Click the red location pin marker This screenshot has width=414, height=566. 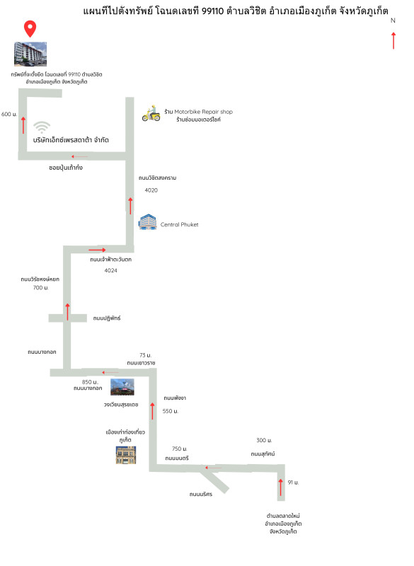click(30, 29)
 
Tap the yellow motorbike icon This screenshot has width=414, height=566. click(151, 114)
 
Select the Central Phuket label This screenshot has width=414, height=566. click(179, 224)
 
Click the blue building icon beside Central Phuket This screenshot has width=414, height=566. click(147, 222)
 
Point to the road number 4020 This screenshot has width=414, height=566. click(151, 190)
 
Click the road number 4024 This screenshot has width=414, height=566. click(111, 270)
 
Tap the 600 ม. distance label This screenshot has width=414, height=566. click(9, 114)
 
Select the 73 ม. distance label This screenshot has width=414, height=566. click(146, 355)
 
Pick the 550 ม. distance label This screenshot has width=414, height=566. click(171, 411)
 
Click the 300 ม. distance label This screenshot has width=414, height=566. click(264, 440)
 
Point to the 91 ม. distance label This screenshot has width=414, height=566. click(293, 483)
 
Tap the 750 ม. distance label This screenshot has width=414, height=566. click(180, 449)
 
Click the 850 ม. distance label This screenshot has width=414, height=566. click(90, 382)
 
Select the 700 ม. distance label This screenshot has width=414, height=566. click(41, 288)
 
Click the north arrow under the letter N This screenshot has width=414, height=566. click(393, 40)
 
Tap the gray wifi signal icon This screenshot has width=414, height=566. click(42, 127)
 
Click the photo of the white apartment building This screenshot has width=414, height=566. click(30, 54)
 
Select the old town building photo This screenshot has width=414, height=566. click(126, 455)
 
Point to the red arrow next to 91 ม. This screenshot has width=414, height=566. click(280, 487)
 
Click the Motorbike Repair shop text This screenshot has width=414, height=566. click(204, 112)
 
